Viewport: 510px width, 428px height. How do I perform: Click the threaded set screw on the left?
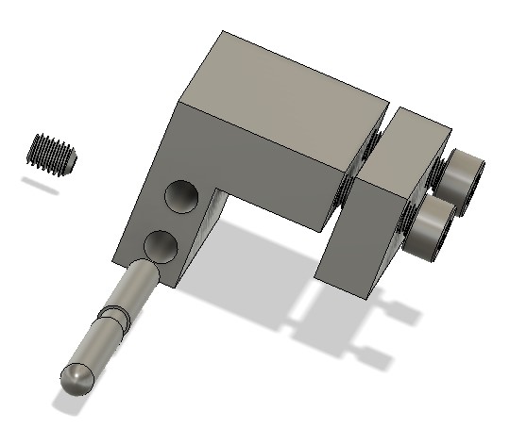55,153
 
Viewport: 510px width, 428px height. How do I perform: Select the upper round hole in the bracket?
181,196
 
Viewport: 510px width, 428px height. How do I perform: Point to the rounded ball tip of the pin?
77,379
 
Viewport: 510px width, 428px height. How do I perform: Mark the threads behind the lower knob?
408,221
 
